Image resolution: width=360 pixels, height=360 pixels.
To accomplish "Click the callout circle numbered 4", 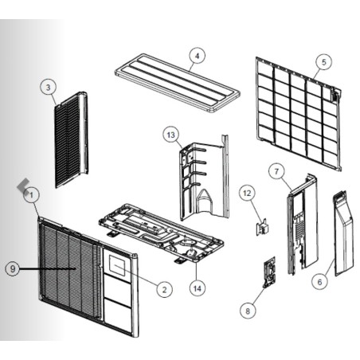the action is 197,56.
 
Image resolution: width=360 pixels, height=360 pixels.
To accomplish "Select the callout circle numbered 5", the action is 324,62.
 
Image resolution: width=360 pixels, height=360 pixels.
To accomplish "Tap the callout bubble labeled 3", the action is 48,88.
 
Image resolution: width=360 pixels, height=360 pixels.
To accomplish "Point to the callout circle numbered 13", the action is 170,135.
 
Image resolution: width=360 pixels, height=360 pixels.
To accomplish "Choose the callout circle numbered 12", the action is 247,193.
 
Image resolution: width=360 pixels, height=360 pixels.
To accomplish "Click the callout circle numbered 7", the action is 276,171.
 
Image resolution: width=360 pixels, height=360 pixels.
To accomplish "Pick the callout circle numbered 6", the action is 319,282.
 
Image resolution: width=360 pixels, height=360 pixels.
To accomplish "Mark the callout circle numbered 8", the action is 248,311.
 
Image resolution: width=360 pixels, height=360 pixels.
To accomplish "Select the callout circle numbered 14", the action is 198,288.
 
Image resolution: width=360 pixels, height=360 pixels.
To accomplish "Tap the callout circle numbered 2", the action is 164,289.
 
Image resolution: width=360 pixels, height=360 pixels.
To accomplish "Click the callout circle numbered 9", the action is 13,268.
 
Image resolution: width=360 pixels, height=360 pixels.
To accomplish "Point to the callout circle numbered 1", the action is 31,195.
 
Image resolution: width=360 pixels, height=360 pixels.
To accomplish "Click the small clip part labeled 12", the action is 262,227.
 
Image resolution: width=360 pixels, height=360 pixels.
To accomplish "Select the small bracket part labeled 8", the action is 269,272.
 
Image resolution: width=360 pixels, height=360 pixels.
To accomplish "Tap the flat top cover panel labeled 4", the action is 178,83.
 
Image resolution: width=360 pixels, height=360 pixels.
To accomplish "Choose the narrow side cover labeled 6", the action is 343,233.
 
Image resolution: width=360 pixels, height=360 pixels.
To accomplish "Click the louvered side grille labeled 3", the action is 71,139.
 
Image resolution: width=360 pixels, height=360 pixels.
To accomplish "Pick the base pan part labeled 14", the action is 161,233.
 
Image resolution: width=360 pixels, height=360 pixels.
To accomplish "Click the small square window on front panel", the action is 119,269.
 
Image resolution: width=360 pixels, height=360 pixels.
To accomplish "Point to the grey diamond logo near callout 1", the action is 24,186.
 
